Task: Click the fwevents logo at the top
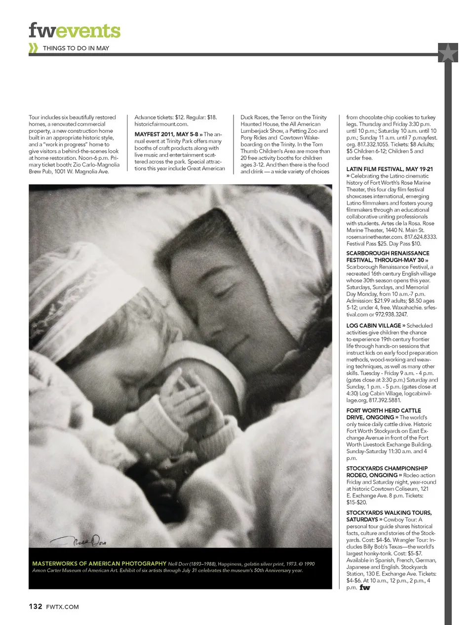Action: [74, 31]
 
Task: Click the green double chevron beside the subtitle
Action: [33, 48]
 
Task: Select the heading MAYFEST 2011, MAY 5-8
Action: [166, 134]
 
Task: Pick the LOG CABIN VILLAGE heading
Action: [373, 326]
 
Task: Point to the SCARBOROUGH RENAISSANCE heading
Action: [388, 253]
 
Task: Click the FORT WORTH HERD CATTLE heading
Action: [383, 411]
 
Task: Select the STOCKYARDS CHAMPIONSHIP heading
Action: [387, 469]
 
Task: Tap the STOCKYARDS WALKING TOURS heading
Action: [389, 513]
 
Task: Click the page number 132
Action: [35, 606]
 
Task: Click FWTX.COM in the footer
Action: [62, 607]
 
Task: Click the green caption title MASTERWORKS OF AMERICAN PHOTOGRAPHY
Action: [99, 563]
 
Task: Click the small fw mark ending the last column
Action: [364, 587]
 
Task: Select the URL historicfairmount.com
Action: [161, 124]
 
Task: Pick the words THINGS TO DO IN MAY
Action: [76, 48]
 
